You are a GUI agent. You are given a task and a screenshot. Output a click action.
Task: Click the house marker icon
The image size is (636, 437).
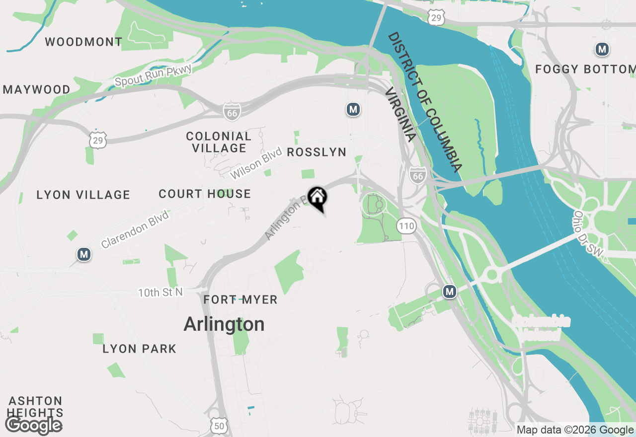tap(317, 198)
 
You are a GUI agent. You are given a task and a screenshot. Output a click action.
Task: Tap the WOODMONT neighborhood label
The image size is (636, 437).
tap(83, 42)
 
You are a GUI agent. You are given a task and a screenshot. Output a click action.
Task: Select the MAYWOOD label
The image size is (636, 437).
tap(37, 90)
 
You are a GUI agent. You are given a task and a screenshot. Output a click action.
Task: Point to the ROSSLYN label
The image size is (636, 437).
tap(317, 152)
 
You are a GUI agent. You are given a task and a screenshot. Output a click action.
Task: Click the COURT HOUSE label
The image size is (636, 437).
tap(205, 194)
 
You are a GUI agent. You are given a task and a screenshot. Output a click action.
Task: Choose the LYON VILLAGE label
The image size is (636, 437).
tap(83, 195)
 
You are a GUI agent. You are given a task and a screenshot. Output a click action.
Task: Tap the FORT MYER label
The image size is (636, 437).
tap(240, 300)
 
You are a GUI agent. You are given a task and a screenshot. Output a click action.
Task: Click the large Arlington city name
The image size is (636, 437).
tap(224, 324)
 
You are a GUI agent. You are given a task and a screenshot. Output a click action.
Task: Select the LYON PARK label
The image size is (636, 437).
tap(139, 349)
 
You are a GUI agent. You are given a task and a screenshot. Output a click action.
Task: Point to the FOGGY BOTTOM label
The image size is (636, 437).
tap(585, 70)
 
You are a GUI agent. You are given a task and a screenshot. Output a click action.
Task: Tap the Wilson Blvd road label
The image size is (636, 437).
tap(256, 163)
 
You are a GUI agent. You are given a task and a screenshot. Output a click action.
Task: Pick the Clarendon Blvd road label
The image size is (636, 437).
tap(135, 229)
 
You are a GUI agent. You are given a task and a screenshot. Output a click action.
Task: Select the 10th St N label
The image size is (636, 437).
tap(160, 292)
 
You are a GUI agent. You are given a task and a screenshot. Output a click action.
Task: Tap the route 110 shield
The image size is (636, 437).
tap(406, 226)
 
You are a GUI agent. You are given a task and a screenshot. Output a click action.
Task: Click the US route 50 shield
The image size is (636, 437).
tap(220, 426)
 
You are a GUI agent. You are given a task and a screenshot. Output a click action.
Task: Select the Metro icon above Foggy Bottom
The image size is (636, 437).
tap(602, 49)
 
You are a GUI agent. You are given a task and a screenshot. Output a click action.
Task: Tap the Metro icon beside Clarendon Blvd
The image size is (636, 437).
tap(84, 255)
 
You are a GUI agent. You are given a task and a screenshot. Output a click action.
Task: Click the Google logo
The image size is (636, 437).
tap(33, 425)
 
